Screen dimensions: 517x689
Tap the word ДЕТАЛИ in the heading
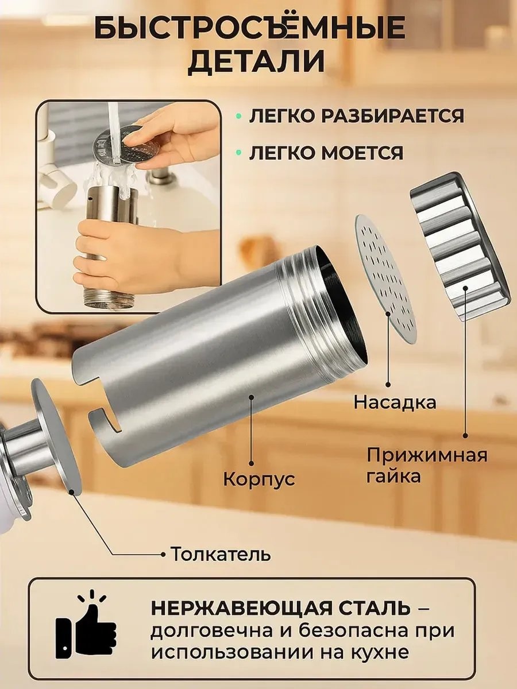pos(257,62)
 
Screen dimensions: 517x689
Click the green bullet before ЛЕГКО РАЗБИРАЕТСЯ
pos(239,116)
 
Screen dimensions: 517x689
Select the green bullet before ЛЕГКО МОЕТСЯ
pos(239,153)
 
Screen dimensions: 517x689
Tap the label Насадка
pos(395,402)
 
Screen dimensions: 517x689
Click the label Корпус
pos(259,479)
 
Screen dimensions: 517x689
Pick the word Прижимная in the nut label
pos(427,455)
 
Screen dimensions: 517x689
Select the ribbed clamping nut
pos(460,246)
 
